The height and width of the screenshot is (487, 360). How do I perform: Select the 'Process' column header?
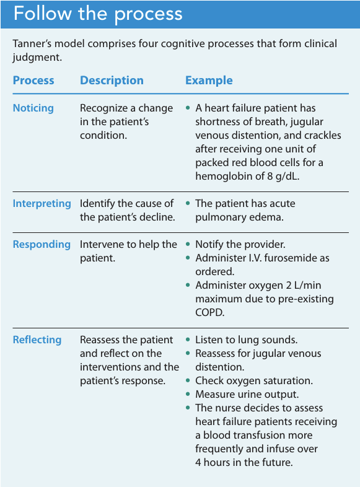pyautogui.click(x=33, y=81)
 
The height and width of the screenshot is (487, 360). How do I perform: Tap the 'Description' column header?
pyautogui.click(x=112, y=81)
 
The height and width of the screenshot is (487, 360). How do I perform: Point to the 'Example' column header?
pyautogui.click(x=209, y=81)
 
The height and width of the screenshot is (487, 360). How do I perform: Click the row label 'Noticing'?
pyautogui.click(x=33, y=108)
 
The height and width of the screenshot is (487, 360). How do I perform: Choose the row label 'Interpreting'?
pyautogui.click(x=42, y=203)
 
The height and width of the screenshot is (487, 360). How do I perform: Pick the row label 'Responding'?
pyautogui.click(x=42, y=244)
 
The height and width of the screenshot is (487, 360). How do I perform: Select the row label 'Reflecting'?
pyautogui.click(x=37, y=340)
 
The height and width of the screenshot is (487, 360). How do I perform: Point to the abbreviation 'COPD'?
pyautogui.click(x=210, y=312)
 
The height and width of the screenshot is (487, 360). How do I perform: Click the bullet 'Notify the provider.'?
pyautogui.click(x=240, y=244)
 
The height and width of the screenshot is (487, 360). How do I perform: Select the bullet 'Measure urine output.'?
pyautogui.click(x=247, y=394)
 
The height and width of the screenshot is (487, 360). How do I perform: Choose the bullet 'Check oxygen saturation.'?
pyautogui.click(x=253, y=380)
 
